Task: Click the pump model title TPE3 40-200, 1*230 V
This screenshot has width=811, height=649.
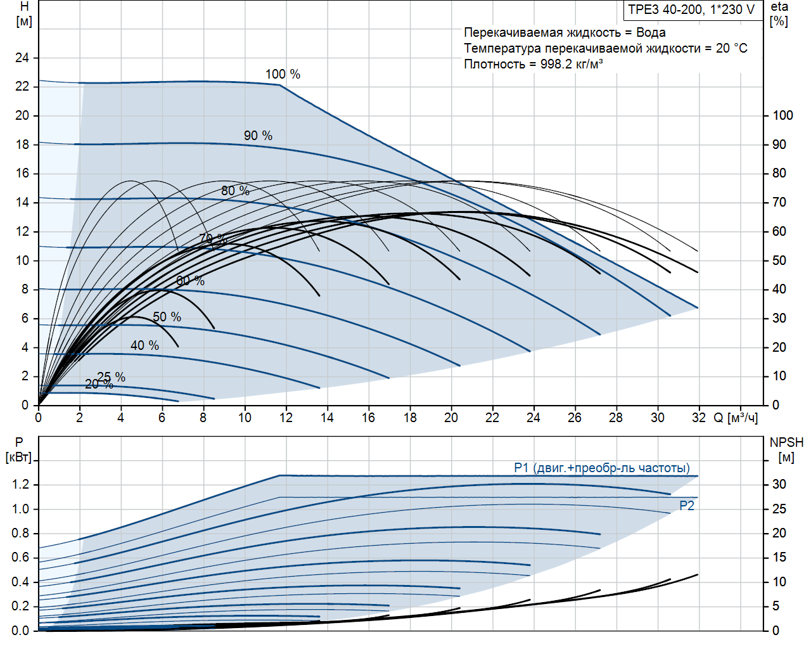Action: tap(691, 10)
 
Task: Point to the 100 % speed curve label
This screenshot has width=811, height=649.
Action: tap(283, 74)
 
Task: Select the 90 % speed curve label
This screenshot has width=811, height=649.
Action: tap(258, 136)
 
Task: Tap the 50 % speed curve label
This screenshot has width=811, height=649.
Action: tap(167, 317)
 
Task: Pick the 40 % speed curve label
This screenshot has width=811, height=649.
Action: tap(144, 345)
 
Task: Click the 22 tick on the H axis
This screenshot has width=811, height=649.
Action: tap(22, 86)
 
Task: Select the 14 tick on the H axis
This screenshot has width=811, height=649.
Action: tap(22, 202)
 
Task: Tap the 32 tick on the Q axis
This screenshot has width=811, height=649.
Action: tap(699, 418)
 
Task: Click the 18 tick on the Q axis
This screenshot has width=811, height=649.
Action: tap(410, 418)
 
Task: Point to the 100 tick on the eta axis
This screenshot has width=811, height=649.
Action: tap(782, 115)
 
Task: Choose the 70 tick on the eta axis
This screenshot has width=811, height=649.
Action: tap(779, 202)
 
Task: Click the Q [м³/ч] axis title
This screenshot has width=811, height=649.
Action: tap(736, 418)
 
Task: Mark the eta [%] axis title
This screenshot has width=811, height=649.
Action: tap(779, 14)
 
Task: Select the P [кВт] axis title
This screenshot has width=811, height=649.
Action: tap(18, 450)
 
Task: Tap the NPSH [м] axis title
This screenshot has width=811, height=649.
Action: tap(786, 450)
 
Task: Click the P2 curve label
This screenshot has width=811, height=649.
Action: tap(687, 506)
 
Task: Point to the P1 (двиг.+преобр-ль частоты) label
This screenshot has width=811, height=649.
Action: tap(601, 468)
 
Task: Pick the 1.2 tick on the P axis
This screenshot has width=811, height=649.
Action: tap(20, 485)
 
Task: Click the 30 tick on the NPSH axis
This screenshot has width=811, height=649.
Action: tap(779, 485)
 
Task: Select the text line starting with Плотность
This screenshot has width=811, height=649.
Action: tap(533, 64)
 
